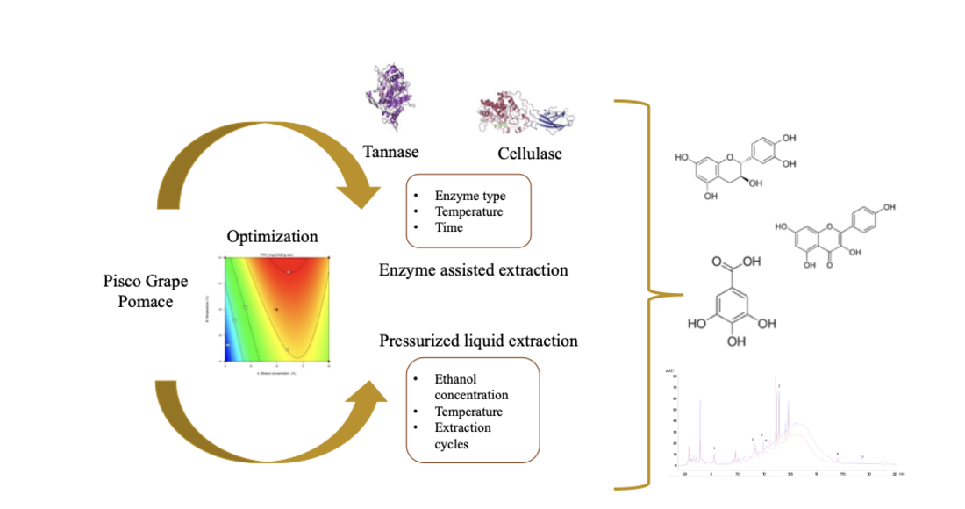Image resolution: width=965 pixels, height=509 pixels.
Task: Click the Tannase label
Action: (x=391, y=152)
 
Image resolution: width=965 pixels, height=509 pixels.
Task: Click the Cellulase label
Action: (x=530, y=154)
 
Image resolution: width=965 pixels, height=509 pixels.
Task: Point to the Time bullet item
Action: (x=448, y=226)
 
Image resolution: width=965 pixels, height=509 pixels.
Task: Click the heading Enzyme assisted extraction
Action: (x=473, y=269)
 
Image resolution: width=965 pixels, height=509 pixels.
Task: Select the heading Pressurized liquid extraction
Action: (x=478, y=340)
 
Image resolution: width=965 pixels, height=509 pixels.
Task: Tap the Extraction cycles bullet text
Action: (x=462, y=435)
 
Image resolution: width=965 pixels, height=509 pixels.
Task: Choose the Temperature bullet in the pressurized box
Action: (x=468, y=412)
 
